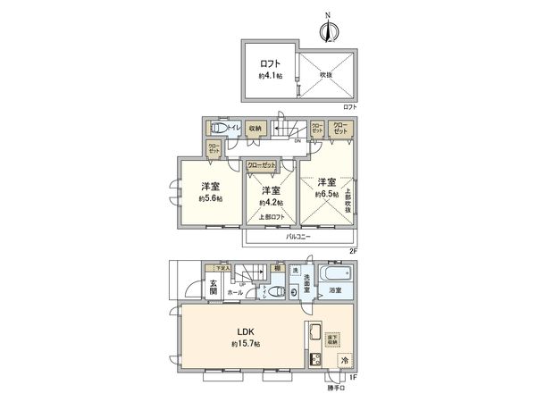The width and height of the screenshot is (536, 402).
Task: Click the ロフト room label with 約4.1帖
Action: tap(270, 70)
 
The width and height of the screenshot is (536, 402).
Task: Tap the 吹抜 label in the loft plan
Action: tap(327, 75)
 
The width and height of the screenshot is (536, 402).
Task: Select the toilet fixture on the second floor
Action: tap(213, 129)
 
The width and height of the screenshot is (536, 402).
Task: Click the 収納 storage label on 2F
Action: tap(255, 129)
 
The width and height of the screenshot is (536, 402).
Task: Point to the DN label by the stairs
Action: tap(297, 140)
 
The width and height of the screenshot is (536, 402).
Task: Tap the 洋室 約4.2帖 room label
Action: tap(272, 197)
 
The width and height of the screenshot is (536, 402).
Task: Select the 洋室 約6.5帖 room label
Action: tap(328, 188)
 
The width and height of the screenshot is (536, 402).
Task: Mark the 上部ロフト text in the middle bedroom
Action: tap(272, 217)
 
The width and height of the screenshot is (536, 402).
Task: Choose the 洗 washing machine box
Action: tap(306, 271)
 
